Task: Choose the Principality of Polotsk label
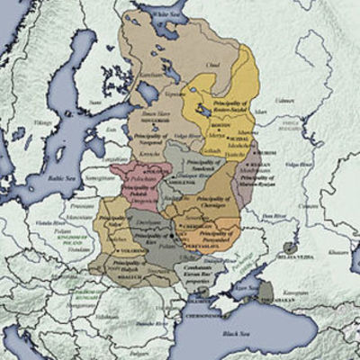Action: coord(134,189)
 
